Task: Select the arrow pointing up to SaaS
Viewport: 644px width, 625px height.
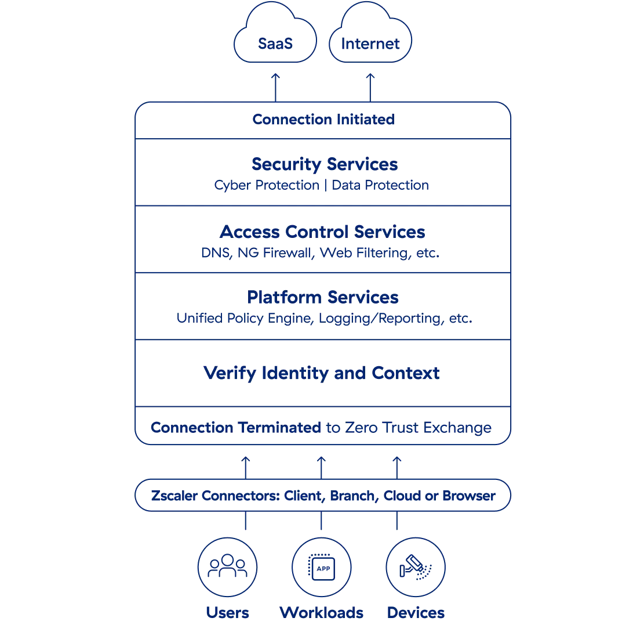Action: tap(275, 87)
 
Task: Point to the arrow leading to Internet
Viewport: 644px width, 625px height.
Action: tap(370, 87)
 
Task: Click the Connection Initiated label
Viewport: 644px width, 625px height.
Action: tap(323, 120)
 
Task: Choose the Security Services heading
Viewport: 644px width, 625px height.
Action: tap(325, 164)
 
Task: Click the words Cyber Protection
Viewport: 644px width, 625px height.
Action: tap(267, 185)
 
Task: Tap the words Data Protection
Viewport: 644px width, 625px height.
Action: tap(380, 185)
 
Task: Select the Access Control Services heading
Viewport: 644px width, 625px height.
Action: tap(322, 232)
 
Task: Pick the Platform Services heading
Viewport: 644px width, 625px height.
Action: tap(323, 297)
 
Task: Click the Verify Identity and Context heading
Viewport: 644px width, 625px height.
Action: tap(322, 373)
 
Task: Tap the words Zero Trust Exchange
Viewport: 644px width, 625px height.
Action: tap(418, 428)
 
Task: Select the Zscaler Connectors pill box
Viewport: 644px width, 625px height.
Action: tap(323, 496)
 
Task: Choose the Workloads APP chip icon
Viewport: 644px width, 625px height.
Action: tap(322, 567)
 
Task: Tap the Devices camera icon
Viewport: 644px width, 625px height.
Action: tap(416, 567)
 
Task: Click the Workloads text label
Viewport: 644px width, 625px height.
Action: tap(322, 613)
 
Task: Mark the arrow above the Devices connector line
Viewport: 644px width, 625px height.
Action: tap(397, 467)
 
